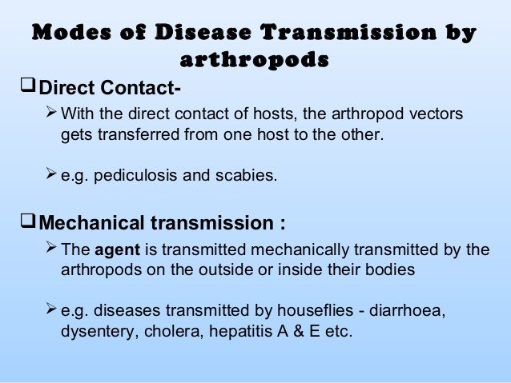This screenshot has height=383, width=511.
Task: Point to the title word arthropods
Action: (255, 60)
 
